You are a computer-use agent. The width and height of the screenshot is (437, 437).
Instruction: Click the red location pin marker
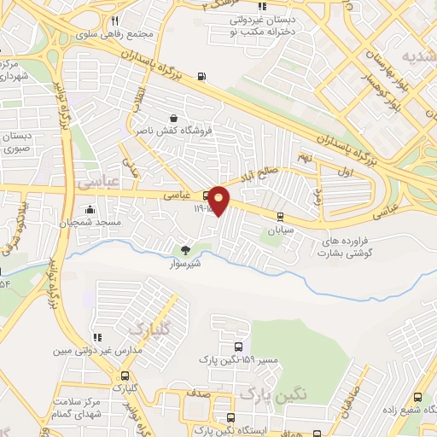pyautogui.click(x=218, y=200)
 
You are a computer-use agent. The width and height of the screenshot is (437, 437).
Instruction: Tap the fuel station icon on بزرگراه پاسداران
pyautogui.click(x=201, y=75)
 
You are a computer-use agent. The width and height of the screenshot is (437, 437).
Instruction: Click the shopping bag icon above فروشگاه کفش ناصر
pyautogui.click(x=174, y=118)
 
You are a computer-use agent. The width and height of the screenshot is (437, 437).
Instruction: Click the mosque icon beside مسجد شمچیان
pyautogui.click(x=90, y=208)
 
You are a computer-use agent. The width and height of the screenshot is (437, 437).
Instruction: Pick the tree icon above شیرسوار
pyautogui.click(x=185, y=250)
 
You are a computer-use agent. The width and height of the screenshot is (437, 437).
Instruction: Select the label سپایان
pyautogui.click(x=281, y=230)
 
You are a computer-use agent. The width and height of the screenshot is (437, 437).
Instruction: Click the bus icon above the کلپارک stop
pyautogui.click(x=126, y=376)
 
